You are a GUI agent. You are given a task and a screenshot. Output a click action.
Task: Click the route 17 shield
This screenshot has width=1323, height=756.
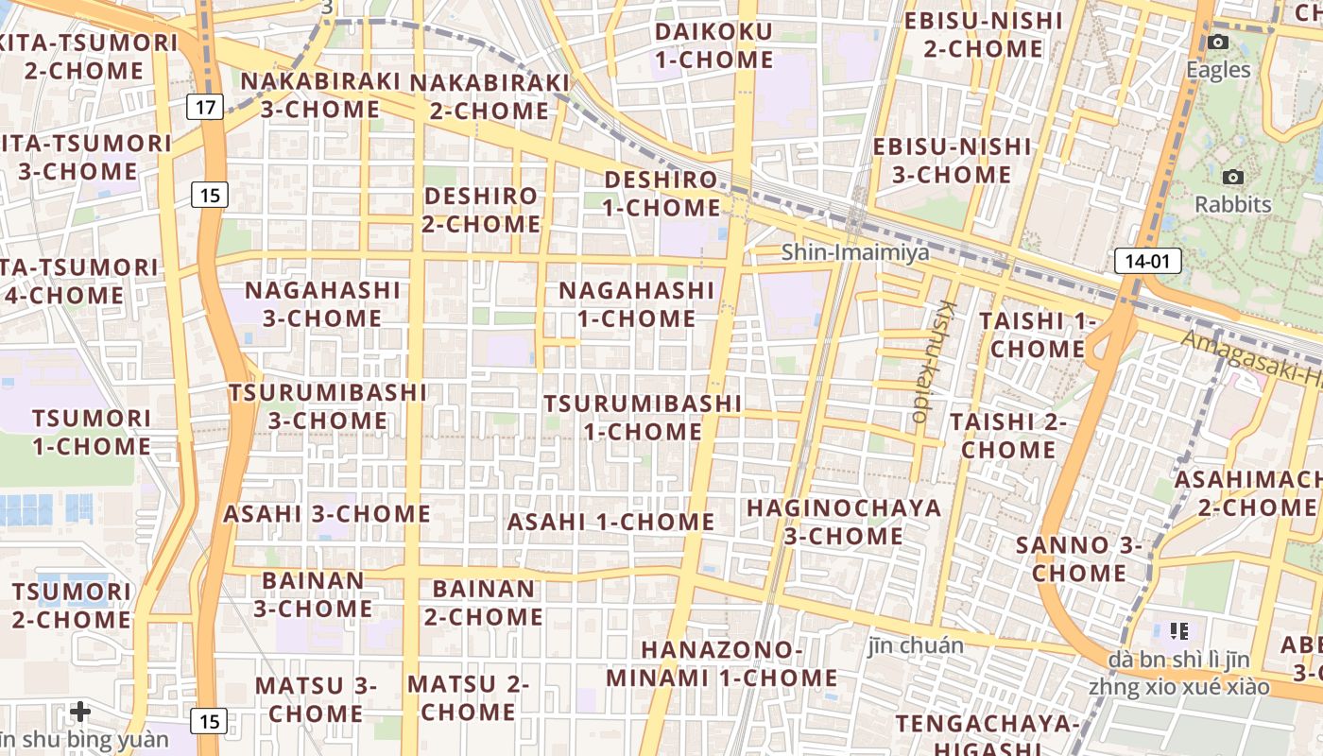[205, 107]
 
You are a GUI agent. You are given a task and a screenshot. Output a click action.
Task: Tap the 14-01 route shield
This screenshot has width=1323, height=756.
[1148, 261]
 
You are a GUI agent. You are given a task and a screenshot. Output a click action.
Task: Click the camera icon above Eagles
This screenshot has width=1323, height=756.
[1218, 42]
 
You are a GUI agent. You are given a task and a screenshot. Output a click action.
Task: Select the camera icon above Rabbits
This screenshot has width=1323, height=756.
[1232, 177]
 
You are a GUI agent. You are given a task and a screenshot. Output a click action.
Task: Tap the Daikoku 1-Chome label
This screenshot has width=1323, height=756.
[713, 45]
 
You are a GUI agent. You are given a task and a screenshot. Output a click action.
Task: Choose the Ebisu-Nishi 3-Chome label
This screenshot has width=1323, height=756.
[952, 161]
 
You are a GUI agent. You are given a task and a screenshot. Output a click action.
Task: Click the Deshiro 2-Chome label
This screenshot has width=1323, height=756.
[481, 210]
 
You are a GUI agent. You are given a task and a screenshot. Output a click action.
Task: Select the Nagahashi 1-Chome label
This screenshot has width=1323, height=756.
[636, 304]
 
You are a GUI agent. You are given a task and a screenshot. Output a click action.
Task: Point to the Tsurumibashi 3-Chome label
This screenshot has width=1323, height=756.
[327, 405]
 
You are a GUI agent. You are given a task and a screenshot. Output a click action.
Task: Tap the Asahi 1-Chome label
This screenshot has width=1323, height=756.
[610, 522]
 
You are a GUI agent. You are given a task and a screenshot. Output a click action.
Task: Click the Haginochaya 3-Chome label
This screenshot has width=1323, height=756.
[844, 522]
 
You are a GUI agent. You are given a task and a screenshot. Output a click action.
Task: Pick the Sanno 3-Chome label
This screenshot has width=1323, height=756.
[1078, 558]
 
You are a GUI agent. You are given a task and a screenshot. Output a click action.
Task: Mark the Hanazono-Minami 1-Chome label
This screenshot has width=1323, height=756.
[722, 663]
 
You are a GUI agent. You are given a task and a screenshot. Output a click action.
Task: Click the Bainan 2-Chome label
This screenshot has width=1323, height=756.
[483, 602]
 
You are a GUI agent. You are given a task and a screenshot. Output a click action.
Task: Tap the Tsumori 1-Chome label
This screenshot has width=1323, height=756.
[92, 432]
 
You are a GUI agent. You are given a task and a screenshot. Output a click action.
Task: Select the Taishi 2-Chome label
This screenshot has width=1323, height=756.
[1007, 435]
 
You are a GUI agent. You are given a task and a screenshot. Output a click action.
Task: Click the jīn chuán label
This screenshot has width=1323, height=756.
[916, 645]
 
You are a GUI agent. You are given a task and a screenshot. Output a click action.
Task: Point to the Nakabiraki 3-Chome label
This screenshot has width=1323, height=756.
[320, 94]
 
